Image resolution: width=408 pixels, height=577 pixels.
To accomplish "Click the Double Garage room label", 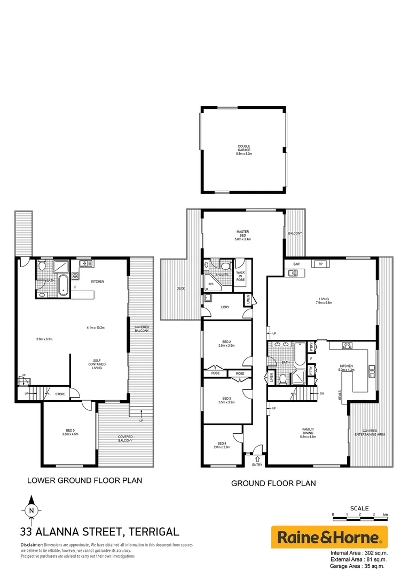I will tap(244, 150).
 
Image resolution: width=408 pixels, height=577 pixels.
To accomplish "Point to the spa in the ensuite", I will tap(210, 278).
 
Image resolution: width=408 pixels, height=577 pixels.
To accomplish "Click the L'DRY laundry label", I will tap(225, 307).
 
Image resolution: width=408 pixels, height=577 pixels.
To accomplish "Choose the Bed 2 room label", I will tap(226, 344).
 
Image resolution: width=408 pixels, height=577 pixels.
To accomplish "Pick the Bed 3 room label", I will tap(226, 400).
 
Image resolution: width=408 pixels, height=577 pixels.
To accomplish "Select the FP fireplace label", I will tap(320, 264).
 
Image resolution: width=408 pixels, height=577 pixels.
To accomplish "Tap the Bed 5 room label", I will tap(70, 432).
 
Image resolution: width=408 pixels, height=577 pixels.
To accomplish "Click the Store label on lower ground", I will tap(60, 394).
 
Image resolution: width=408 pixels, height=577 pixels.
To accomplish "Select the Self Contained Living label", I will tap(96, 364).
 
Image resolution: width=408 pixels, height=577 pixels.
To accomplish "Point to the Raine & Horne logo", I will tap(329, 536).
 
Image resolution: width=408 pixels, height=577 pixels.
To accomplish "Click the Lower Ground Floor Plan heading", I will tap(84, 480).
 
